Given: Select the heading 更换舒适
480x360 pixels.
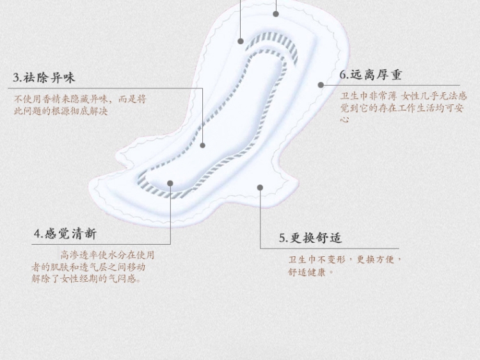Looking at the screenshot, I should coord(316,238).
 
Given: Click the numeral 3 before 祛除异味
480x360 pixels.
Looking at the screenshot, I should coord(17,78).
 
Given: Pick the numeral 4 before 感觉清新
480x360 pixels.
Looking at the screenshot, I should coord(37,234).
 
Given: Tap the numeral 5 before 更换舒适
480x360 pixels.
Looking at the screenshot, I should coord(282,238).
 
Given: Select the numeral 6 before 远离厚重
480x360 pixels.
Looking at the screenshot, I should coord(343,75).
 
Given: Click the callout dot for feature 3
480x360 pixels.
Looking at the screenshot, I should coord(203,145).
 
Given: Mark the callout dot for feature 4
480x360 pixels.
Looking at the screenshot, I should coord(170,183).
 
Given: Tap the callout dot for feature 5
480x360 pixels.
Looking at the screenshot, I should coord(260,187).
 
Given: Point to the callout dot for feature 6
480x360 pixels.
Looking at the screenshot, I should coord(321,84).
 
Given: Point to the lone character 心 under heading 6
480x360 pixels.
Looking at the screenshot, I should coord(344,119).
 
